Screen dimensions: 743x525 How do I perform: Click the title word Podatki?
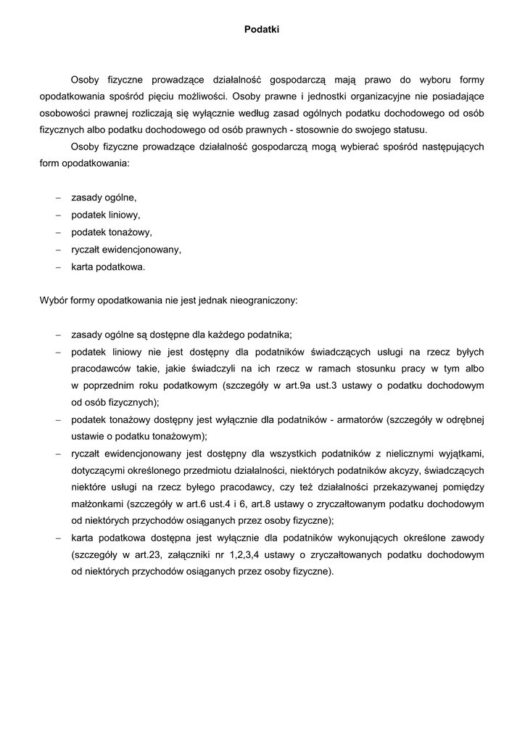[262, 30]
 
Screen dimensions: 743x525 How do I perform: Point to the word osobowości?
[65, 113]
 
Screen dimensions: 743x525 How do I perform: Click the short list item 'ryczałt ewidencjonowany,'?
[126, 250]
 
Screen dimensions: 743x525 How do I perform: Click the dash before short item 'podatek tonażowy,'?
[58, 232]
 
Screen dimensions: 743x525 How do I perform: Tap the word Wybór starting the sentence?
[54, 299]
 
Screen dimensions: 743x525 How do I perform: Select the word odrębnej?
[463, 419]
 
